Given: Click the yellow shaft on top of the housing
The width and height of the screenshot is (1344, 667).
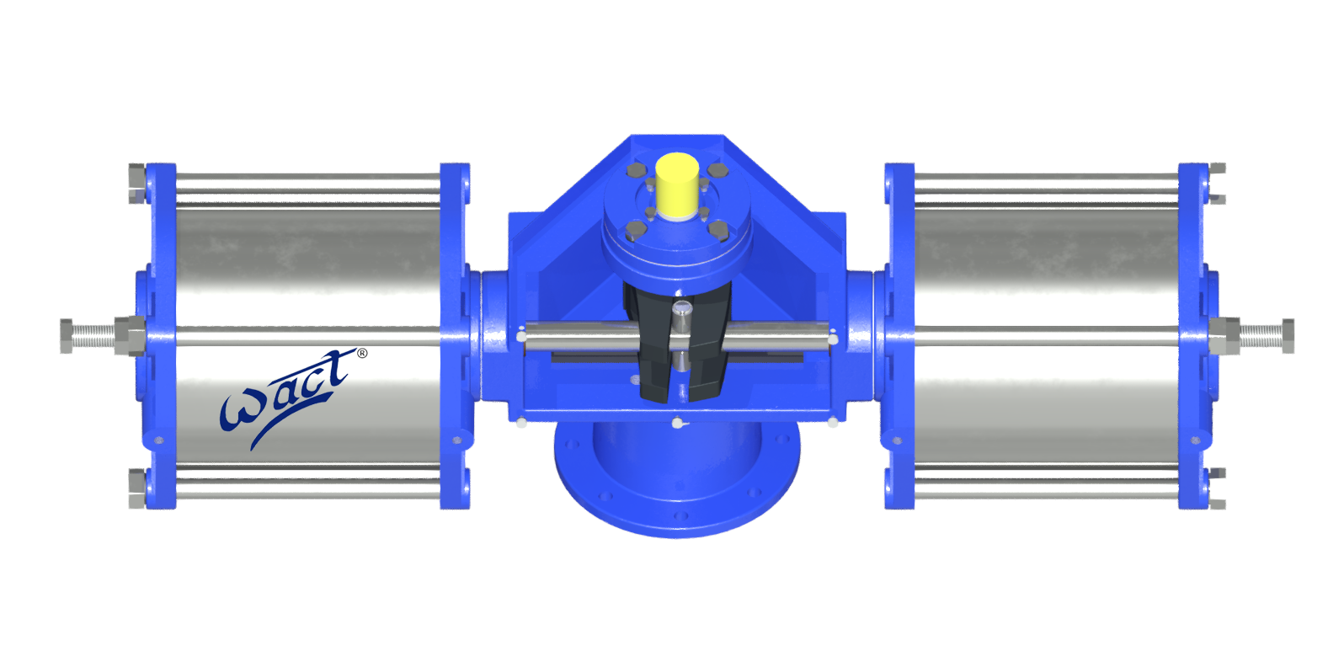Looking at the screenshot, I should tap(676, 185).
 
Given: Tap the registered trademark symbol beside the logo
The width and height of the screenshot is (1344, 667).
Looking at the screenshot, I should tap(362, 354).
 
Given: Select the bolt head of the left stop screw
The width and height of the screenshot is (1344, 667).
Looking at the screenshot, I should tap(67, 335).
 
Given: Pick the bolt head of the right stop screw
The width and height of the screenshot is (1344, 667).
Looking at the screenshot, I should tap(1288, 335).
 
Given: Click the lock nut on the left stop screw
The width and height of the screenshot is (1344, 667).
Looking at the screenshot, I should tap(127, 335).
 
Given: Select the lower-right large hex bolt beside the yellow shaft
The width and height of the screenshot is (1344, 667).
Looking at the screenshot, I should tap(718, 229).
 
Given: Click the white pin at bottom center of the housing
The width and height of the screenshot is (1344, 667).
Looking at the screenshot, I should tap(678, 421).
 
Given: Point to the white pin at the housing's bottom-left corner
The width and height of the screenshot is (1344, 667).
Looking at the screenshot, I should tap(521, 422).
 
